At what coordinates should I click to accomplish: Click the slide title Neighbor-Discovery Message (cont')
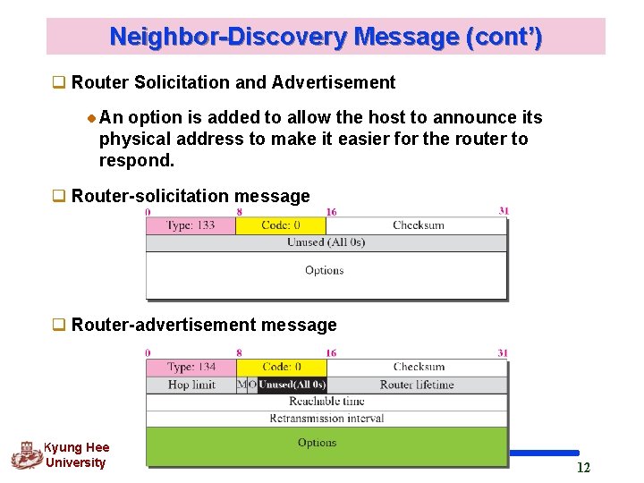(x=326, y=38)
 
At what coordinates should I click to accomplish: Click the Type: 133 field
(x=191, y=225)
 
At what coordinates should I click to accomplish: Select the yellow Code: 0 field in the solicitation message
(x=280, y=225)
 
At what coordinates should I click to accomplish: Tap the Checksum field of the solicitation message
(x=418, y=225)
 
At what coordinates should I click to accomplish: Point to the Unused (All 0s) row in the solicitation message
(x=326, y=242)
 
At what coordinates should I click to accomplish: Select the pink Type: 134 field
(x=191, y=367)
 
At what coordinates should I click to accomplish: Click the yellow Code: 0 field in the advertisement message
(x=282, y=367)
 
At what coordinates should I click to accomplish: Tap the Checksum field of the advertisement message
(x=418, y=367)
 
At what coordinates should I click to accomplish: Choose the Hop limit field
(x=191, y=385)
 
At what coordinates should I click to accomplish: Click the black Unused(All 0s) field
(x=292, y=385)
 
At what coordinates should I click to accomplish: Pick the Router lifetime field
(x=417, y=385)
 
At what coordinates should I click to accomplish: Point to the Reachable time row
(x=326, y=402)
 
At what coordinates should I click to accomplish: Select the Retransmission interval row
(x=326, y=418)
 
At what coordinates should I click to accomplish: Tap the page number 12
(x=583, y=468)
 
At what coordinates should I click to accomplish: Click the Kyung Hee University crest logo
(x=26, y=455)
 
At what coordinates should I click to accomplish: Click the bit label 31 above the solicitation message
(x=504, y=212)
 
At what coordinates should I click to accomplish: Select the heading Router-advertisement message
(x=204, y=325)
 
